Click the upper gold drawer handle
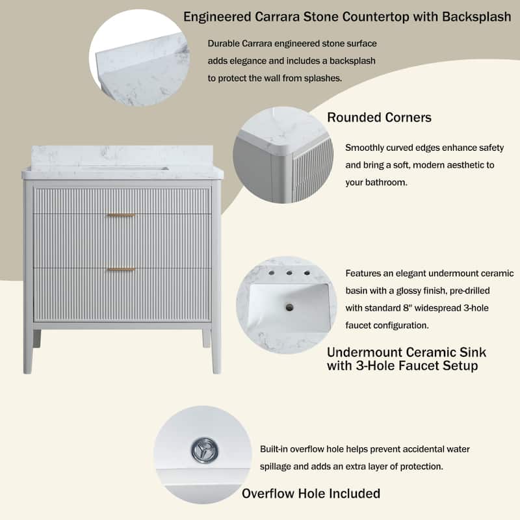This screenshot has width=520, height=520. pyautogui.click(x=121, y=215)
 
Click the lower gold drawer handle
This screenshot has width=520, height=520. pyautogui.click(x=121, y=269)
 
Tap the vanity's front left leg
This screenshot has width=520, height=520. pyautogui.click(x=29, y=352)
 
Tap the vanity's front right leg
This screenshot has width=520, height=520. pyautogui.click(x=216, y=352)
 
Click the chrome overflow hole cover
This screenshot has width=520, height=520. pyautogui.click(x=205, y=450)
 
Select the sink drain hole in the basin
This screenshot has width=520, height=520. pyautogui.click(x=289, y=307)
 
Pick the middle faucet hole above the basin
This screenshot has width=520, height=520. pyautogui.click(x=289, y=273)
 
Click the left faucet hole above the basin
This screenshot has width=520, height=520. pyautogui.click(x=272, y=273)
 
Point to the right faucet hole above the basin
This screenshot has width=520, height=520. pyautogui.click(x=307, y=273)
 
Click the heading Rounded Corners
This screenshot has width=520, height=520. pyautogui.click(x=379, y=118)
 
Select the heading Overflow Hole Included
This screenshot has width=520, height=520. pyautogui.click(x=311, y=493)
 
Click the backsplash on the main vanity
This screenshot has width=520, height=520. pyautogui.click(x=122, y=156)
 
